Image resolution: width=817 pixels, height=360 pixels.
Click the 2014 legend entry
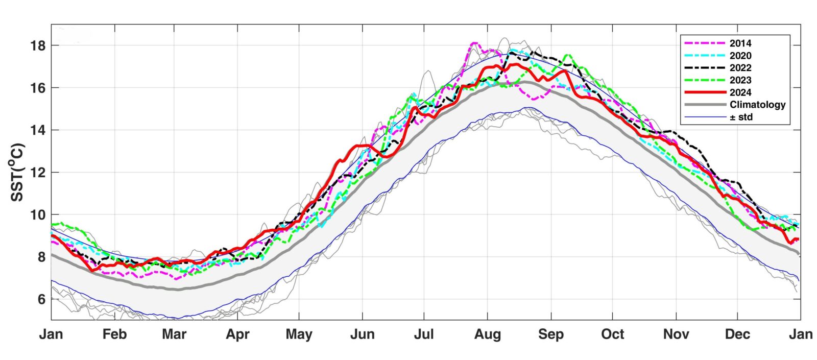[740, 43]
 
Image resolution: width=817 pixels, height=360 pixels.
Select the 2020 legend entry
[740, 56]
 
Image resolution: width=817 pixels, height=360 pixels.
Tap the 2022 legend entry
[740, 68]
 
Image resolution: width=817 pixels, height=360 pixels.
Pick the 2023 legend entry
[740, 80]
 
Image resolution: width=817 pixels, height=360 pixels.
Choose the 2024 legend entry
[740, 92]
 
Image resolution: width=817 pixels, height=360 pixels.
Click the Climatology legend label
[757, 105]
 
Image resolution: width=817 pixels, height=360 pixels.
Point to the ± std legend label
[741, 117]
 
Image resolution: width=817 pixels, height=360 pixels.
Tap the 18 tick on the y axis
[38, 45]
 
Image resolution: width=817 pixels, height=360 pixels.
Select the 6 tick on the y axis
[41, 299]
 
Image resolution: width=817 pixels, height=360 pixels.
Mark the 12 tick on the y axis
[38, 173]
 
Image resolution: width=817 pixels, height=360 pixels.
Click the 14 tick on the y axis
[38, 130]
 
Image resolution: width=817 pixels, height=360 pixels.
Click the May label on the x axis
[299, 334]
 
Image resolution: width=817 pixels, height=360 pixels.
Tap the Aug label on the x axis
[488, 334]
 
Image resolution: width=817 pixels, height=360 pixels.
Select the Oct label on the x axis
[612, 334]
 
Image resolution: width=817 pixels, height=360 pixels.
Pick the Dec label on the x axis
[738, 334]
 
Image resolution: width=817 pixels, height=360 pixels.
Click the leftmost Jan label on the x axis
[51, 334]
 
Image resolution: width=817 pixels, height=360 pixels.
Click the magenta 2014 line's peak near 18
[474, 43]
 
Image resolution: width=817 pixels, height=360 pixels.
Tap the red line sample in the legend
[705, 92]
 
